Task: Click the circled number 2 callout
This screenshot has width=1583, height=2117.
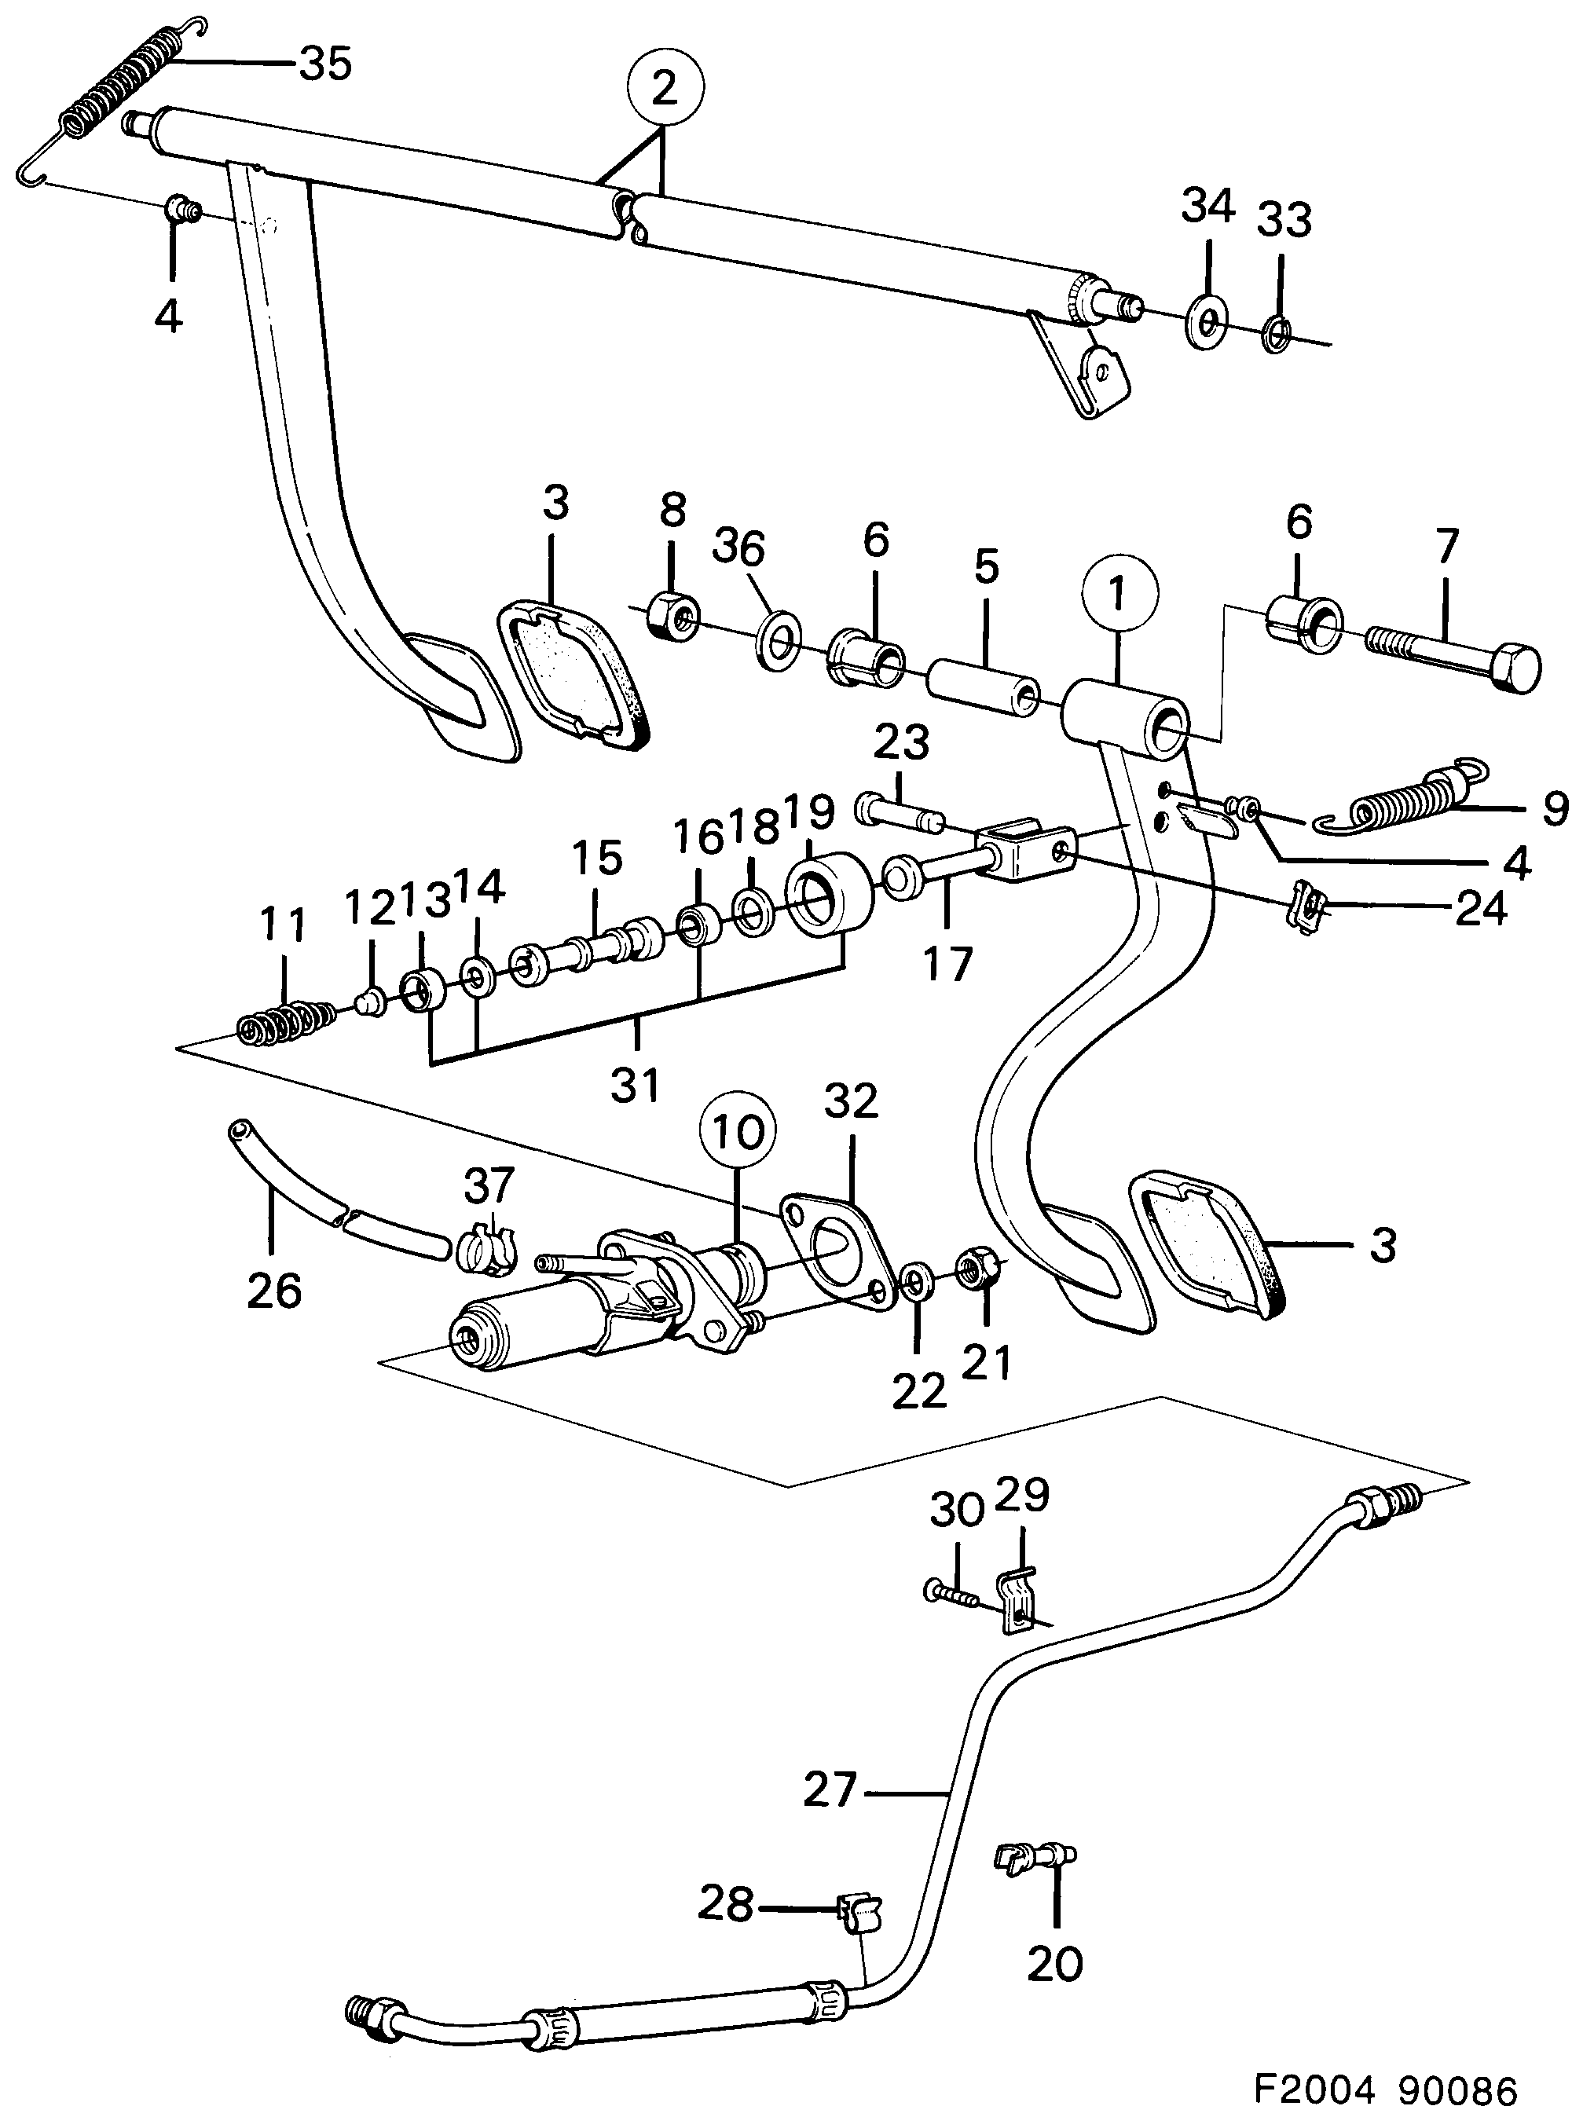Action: click(x=663, y=89)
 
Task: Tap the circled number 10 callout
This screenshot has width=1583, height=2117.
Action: click(x=738, y=1132)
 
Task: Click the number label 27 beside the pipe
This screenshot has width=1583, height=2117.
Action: click(x=829, y=1789)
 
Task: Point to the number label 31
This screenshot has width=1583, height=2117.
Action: click(x=636, y=1086)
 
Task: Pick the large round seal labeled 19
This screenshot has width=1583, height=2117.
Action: click(x=827, y=893)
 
